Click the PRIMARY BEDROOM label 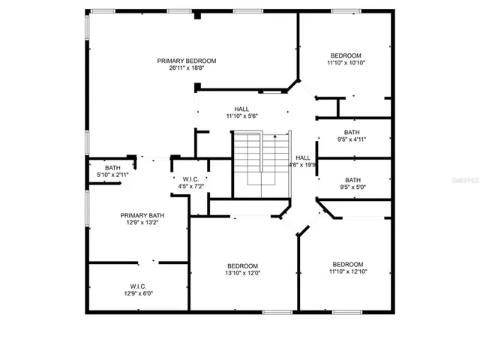point(187,61)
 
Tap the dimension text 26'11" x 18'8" point(187,68)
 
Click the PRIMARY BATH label point(139,214)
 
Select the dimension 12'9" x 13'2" point(139,222)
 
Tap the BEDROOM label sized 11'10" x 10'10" point(346,55)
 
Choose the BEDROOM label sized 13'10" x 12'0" point(243,265)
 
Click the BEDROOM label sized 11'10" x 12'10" point(348,264)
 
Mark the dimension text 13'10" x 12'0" point(243,273)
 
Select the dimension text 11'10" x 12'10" point(348,271)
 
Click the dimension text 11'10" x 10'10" point(346,63)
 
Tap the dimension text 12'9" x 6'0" point(138,292)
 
